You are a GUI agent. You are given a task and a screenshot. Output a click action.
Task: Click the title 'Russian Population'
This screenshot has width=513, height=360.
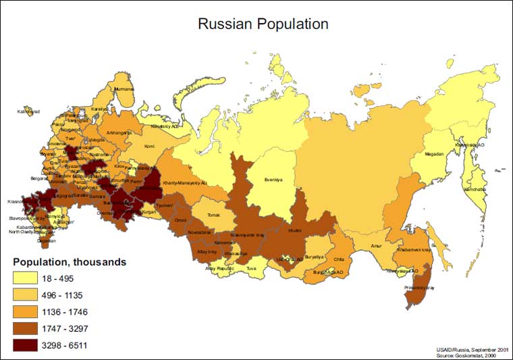pyautogui.click(x=263, y=24)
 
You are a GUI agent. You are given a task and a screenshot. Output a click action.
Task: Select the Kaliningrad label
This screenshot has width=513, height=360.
pyautogui.click(x=29, y=111)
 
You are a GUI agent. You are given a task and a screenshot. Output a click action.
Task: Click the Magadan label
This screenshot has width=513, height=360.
pyautogui.click(x=434, y=153)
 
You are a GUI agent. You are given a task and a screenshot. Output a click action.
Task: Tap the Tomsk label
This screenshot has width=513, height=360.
pyautogui.click(x=213, y=215)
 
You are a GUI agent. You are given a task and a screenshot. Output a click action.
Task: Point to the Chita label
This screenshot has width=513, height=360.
pyautogui.click(x=339, y=259)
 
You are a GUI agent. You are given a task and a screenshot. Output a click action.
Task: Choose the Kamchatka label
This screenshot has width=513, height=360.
pyautogui.click(x=474, y=189)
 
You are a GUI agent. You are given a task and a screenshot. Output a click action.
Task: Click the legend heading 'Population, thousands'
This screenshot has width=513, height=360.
pyautogui.click(x=70, y=262)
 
